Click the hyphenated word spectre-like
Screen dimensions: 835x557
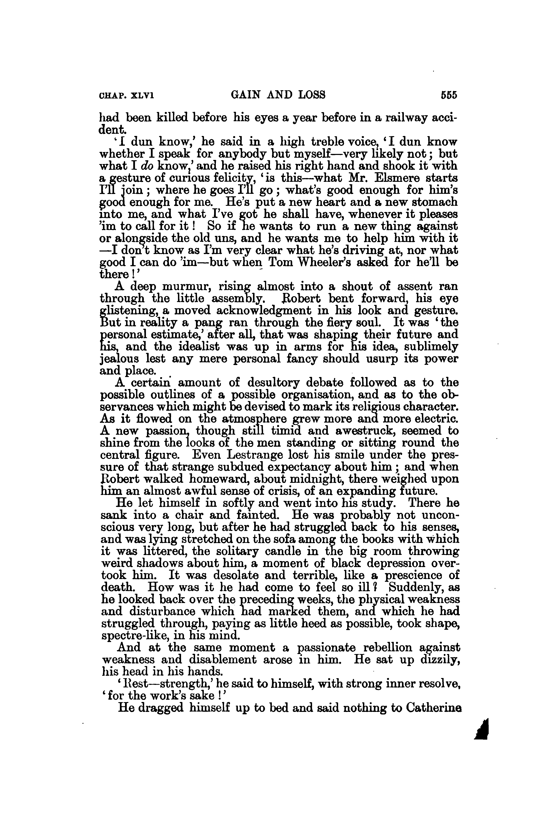tap(136, 635)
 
